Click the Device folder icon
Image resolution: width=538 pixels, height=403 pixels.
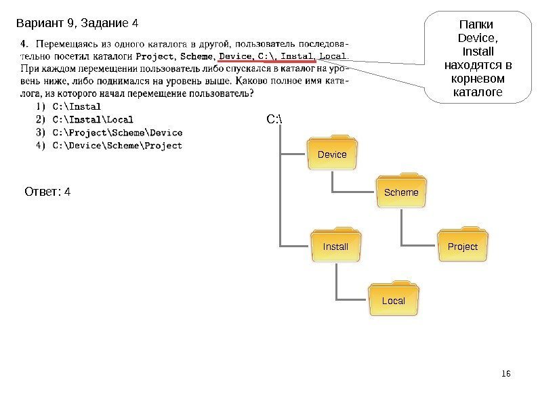tap(332, 154)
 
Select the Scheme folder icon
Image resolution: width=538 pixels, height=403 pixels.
tap(401, 192)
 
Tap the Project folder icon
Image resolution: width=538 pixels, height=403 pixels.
tap(463, 246)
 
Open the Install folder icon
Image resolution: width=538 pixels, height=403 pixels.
tap(335, 246)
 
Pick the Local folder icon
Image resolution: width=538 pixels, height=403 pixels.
tap(394, 300)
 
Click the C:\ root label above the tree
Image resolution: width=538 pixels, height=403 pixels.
tap(274, 121)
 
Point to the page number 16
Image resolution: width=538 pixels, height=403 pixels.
tap(506, 374)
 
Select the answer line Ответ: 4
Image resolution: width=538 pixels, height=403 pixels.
tap(47, 192)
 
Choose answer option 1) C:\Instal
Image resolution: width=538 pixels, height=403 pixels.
tap(66, 106)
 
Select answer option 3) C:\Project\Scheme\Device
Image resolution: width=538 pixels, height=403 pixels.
tap(106, 132)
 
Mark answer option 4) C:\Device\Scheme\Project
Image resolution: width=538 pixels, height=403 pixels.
tap(106, 145)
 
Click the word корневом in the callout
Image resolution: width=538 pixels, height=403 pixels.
tap(478, 78)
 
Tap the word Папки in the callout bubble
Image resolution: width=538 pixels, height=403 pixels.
tap(478, 25)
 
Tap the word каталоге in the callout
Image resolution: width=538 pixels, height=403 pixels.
tap(478, 91)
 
